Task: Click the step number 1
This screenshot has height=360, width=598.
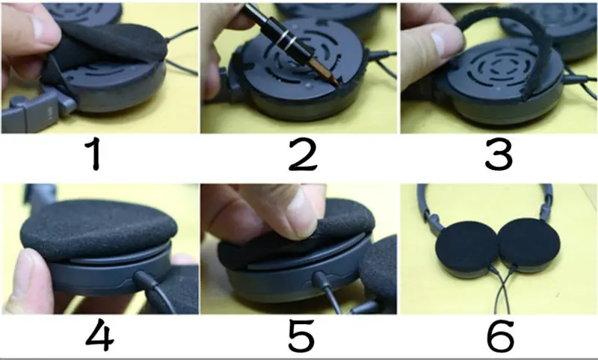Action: click(99, 155)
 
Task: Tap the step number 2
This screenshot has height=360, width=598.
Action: click(300, 155)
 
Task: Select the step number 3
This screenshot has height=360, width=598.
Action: click(499, 155)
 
